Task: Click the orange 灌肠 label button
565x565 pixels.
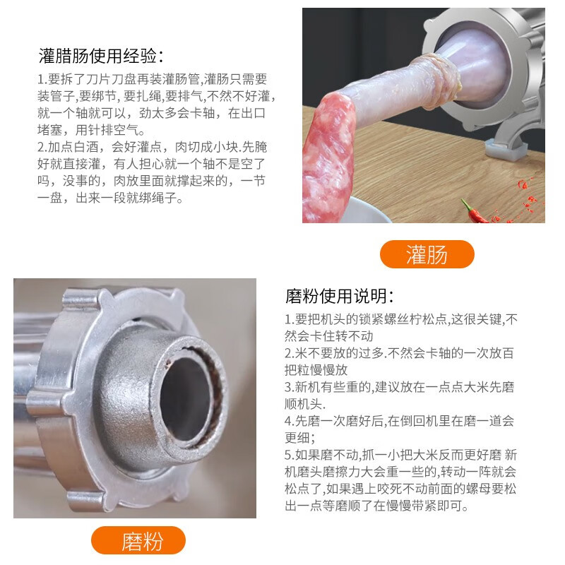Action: [x=427, y=254]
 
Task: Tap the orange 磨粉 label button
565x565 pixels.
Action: [x=138, y=541]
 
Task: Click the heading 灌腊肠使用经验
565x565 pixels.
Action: [x=101, y=56]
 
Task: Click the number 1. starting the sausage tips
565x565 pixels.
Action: [x=41, y=80]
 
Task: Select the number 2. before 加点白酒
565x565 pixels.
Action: [x=41, y=148]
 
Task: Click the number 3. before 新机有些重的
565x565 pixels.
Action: [x=290, y=388]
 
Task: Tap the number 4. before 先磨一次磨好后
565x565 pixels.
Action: [x=290, y=422]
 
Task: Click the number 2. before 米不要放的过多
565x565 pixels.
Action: [x=290, y=353]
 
